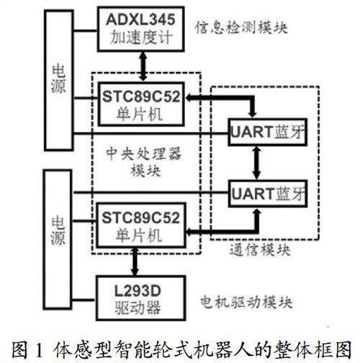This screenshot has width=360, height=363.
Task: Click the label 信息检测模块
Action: [x=241, y=28]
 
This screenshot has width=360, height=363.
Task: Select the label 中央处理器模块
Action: [x=144, y=162]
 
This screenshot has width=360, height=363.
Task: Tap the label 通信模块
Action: [x=260, y=249]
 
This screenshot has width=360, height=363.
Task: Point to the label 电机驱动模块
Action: [x=246, y=302]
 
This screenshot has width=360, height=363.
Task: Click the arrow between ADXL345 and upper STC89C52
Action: [x=143, y=66]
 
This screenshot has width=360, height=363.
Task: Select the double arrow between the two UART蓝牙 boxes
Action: [x=256, y=163]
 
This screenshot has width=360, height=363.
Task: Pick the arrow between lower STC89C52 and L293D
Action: [x=135, y=261]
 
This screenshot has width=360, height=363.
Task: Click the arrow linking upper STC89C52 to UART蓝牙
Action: [x=253, y=98]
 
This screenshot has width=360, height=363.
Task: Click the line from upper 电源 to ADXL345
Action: [x=85, y=30]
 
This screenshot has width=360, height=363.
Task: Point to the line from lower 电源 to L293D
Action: [x=84, y=300]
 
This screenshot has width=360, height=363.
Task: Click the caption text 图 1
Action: [x=27, y=351]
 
